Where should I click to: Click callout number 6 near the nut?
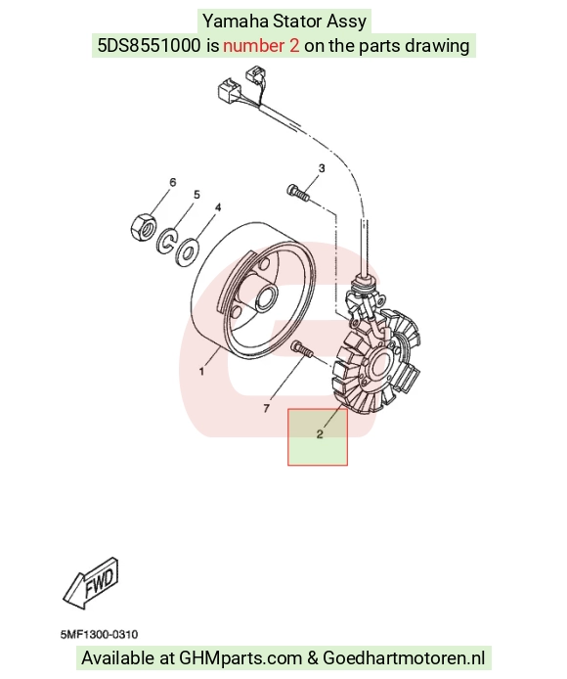point(173,182)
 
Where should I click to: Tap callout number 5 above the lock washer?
point(196,195)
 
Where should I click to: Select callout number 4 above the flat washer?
point(218,207)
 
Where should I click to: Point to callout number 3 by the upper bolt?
point(322,168)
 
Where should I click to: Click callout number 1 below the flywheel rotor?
point(201,371)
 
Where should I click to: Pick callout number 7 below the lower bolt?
point(267,408)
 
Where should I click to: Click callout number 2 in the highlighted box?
point(320,433)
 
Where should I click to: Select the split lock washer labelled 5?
point(167,241)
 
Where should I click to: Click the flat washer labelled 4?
point(187,251)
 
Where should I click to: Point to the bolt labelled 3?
point(298,193)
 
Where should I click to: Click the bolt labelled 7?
point(302,349)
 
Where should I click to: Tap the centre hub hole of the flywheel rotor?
point(264,297)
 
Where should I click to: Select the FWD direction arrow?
point(91,583)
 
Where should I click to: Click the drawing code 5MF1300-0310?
point(99,635)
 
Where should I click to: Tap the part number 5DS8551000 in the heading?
point(149,45)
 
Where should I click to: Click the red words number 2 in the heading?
point(261,45)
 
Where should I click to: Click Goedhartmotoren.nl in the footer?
point(404,657)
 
